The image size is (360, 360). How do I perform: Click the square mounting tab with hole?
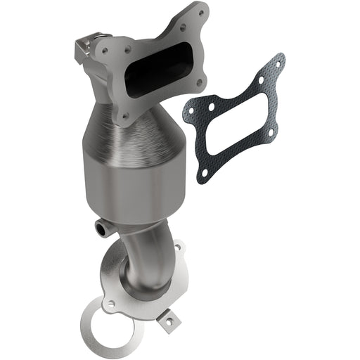click(169, 323)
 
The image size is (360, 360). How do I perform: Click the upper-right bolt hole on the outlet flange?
click(176, 248)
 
